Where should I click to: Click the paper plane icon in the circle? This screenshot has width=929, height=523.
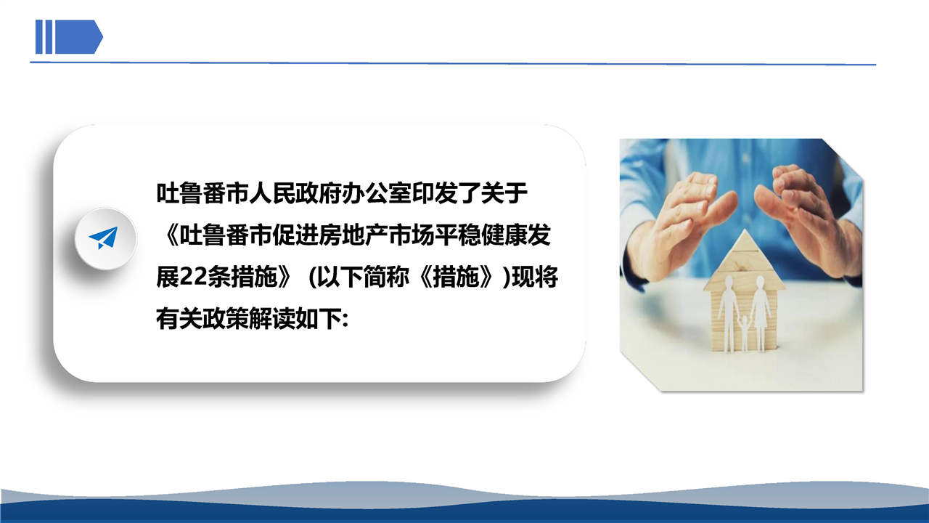[104, 238]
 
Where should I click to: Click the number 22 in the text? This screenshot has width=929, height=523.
[194, 277]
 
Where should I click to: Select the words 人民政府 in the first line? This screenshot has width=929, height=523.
[295, 193]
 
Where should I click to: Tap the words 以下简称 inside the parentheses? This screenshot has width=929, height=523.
[364, 277]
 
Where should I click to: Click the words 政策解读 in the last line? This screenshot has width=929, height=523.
[248, 319]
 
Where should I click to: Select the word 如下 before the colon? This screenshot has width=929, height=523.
[318, 319]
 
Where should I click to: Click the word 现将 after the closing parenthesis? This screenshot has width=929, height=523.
[535, 277]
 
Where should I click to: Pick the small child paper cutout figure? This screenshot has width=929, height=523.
[745, 333]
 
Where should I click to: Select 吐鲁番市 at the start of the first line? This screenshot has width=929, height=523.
[202, 193]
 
